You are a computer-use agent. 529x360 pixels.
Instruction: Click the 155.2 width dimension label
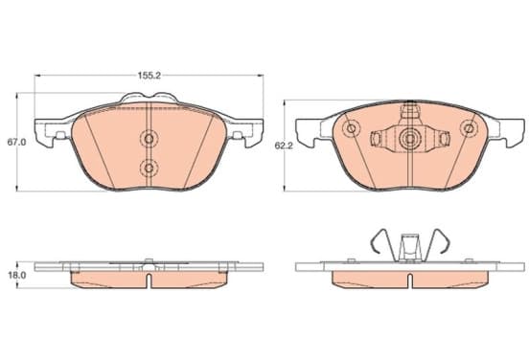click(x=149, y=76)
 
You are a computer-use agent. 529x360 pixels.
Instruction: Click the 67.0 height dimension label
click(x=16, y=142)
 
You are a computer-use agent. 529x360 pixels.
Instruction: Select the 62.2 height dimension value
click(x=284, y=146)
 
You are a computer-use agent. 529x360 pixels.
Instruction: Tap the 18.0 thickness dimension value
click(x=17, y=275)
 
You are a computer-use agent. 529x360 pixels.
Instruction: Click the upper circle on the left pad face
click(x=149, y=139)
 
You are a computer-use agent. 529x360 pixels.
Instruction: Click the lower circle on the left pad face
click(x=149, y=168)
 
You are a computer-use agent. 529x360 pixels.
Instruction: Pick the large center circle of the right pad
click(x=410, y=139)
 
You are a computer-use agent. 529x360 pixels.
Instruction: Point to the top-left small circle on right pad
click(x=351, y=128)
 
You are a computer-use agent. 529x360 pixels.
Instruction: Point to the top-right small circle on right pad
click(x=469, y=128)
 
